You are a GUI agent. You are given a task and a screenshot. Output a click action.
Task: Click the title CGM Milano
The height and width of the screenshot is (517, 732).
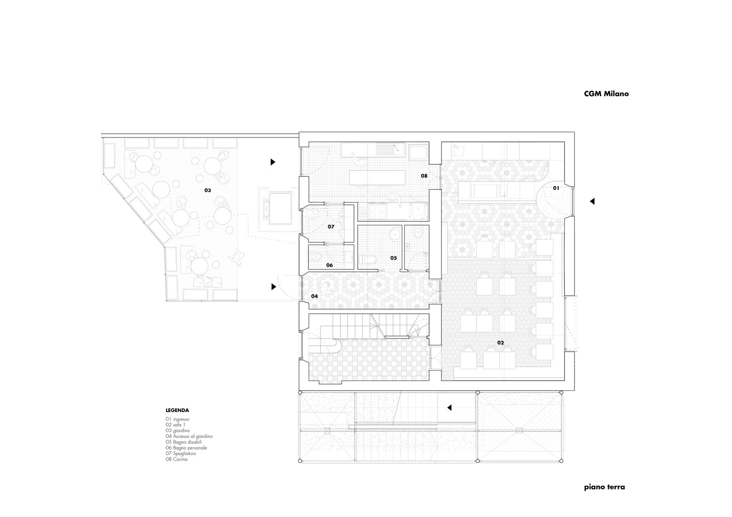606,94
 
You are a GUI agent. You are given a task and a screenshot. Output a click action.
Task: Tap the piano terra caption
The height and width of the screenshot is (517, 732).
605,488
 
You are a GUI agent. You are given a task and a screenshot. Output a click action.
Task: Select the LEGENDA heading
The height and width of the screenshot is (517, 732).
177,410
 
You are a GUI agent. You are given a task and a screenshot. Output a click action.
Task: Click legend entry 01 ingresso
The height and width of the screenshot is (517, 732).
178,419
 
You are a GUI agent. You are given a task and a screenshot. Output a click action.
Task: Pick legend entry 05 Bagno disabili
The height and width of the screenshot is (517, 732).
184,442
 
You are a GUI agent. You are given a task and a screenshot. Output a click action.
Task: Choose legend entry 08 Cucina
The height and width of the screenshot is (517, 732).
177,459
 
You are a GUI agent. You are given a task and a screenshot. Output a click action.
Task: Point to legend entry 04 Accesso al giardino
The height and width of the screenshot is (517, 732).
189,436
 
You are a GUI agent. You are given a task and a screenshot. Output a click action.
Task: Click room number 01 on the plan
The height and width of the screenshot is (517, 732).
556,188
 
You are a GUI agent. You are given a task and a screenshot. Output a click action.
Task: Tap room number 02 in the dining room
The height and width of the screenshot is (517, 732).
500,343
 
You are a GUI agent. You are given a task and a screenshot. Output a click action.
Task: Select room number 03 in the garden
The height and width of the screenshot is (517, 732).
208,190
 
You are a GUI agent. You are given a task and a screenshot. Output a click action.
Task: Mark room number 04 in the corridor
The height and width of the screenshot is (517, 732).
314,296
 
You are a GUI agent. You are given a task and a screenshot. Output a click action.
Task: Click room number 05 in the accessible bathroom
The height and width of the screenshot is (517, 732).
393,258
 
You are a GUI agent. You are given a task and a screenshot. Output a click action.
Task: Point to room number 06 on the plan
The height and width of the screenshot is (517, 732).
329,265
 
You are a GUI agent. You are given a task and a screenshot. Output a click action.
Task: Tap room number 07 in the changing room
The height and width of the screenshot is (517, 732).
331,226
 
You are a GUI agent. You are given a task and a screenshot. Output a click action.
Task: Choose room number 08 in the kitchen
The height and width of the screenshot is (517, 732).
424,176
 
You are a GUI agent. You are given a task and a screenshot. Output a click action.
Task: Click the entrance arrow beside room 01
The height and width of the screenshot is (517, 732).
592,202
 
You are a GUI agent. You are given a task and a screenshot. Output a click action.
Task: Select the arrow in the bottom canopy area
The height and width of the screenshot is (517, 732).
449,408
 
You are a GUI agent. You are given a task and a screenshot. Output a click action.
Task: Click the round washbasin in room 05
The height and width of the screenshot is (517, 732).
396,234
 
